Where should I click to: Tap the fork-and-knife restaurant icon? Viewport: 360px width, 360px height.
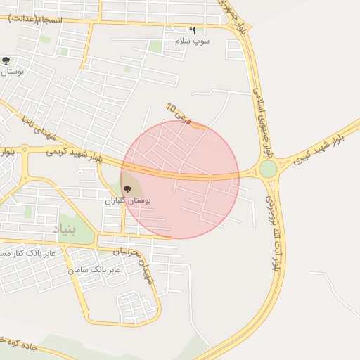pos(191,30)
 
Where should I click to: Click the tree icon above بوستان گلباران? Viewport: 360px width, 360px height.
pos(127,188)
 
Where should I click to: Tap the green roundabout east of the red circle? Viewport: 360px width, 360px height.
pos(268,169)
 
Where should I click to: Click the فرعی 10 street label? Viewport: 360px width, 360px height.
pos(178,112)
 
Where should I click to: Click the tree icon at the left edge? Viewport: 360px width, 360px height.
pos(6,61)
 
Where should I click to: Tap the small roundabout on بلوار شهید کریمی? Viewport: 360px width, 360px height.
pos(25,150)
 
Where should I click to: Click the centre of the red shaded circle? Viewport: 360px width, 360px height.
pos(180,179)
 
